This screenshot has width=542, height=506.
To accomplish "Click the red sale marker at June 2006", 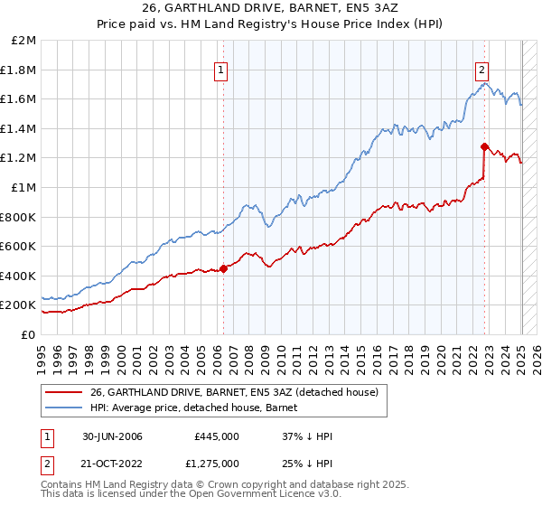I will (224, 268).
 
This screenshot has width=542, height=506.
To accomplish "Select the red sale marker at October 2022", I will (485, 146).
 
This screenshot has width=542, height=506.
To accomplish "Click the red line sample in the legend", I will (64, 391).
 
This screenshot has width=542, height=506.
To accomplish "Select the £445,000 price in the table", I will (217, 436).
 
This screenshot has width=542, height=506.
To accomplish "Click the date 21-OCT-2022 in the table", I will (109, 464).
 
